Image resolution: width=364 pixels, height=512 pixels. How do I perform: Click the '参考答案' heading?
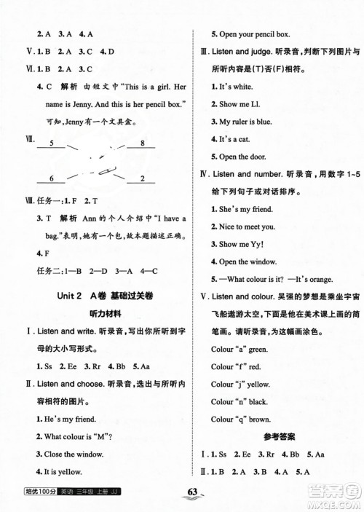click(x=276, y=436)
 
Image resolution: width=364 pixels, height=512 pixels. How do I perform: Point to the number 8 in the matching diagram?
click(x=143, y=144)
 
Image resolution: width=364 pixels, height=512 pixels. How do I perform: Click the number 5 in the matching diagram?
click(x=51, y=144)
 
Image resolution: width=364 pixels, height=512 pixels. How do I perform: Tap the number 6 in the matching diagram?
click(x=51, y=178)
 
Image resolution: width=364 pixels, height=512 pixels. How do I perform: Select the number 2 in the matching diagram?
click(x=143, y=178)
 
